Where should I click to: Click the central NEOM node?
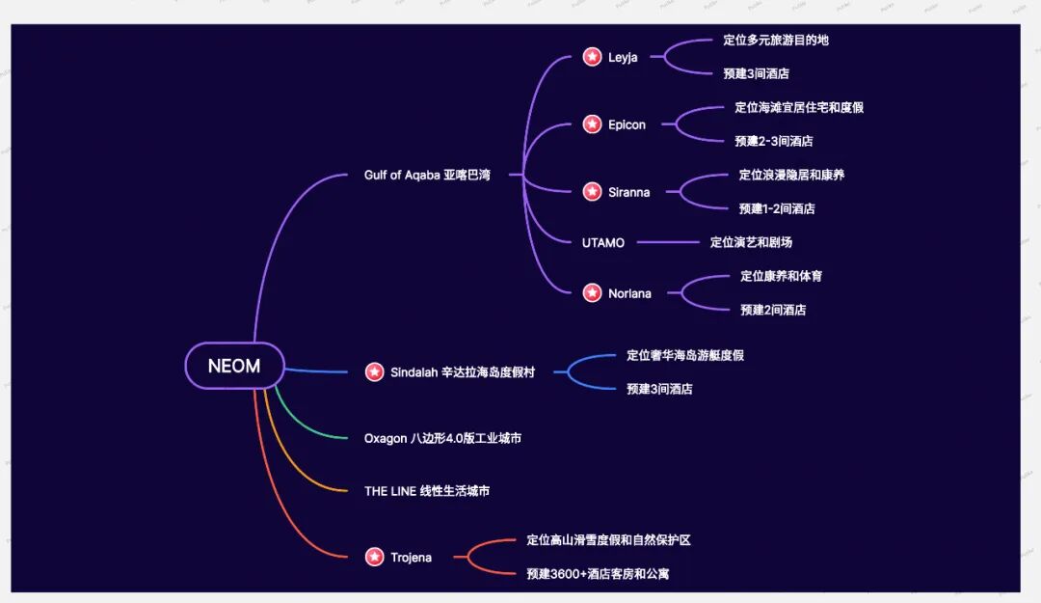pos(234,366)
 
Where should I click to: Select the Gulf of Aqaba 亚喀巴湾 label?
pos(427,175)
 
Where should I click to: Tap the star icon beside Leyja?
pos(592,57)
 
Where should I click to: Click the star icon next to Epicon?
pos(592,124)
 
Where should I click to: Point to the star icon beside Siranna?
pos(592,192)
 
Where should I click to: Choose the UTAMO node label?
pos(603,242)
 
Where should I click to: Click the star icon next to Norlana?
pos(592,293)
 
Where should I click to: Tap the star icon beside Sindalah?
pos(374,371)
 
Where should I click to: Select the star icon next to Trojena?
pos(374,557)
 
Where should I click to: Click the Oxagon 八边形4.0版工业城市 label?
pos(442,438)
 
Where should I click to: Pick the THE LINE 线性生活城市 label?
pos(427,491)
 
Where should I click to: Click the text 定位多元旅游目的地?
pos(776,41)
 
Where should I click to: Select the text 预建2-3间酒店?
pos(773,141)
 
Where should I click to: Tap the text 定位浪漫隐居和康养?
pos(791,175)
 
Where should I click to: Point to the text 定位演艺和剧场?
pos(751,242)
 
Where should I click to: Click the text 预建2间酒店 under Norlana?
pos(773,310)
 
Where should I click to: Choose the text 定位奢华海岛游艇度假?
pos(684,355)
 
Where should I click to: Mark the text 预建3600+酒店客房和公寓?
pos(598,573)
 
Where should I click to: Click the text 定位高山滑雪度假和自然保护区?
pos(608,540)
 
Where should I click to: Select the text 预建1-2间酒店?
pos(777,208)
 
